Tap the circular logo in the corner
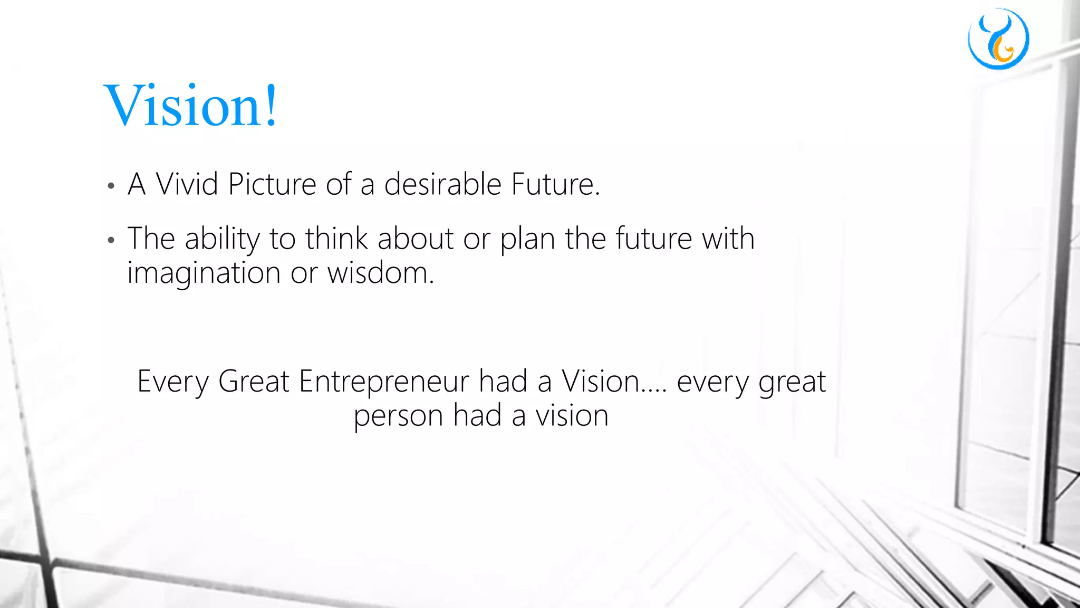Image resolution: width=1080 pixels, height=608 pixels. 998,39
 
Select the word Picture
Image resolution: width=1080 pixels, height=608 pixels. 272,184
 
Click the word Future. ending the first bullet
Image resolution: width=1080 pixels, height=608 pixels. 556,184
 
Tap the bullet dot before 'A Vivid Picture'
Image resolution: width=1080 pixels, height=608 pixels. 111,186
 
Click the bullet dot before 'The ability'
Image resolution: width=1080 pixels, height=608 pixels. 111,241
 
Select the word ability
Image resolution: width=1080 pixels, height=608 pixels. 222,239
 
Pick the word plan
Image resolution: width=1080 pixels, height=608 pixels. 527,240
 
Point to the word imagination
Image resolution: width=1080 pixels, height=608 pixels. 204,274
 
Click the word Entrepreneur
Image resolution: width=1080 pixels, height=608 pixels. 384,381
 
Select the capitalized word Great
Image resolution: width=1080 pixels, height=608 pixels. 254,381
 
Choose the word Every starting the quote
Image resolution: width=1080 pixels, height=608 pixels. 173,382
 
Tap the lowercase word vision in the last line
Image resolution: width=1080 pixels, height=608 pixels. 572,415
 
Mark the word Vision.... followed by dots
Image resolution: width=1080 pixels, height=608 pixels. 614,381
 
